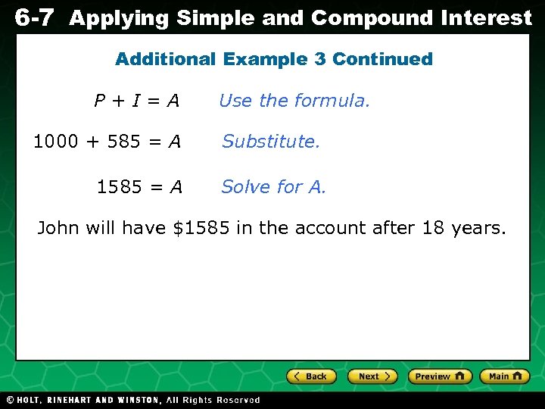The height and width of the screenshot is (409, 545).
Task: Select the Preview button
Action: (440, 376)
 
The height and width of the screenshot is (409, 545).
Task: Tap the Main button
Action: (505, 376)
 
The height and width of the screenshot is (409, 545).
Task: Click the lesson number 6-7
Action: (33, 17)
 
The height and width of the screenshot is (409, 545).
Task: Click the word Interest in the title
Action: (487, 17)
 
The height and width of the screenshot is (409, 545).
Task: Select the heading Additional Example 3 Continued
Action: (273, 59)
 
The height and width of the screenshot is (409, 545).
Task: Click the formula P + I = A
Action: (137, 101)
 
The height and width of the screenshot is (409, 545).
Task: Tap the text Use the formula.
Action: (294, 101)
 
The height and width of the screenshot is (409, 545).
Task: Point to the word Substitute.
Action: (271, 141)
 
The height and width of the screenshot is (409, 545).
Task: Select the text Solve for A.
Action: (273, 186)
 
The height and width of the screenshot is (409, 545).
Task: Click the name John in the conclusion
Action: (58, 227)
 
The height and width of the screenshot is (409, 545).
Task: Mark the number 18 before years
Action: (433, 227)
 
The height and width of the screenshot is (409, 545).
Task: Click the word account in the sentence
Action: (323, 227)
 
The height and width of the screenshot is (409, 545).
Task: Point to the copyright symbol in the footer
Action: (10, 400)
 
